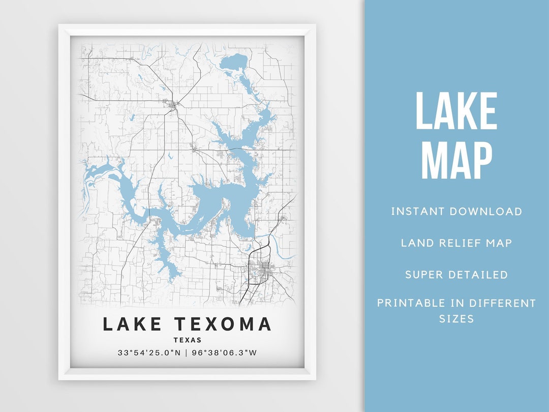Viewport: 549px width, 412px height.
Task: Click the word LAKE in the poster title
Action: coord(133,324)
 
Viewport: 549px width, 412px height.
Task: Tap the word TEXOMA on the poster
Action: coord(223,324)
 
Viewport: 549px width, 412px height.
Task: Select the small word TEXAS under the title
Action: coord(188,340)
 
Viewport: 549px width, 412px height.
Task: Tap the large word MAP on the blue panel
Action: coord(456,161)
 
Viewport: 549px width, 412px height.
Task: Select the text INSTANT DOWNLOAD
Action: coord(456,212)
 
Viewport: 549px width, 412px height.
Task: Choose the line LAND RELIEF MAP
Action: coord(456,243)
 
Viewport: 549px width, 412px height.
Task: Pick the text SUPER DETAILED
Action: coord(456,275)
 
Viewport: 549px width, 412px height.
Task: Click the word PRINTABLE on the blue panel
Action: coord(412,304)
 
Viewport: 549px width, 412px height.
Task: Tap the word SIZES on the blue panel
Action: coord(456,319)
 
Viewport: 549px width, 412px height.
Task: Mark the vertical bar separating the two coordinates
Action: coord(187,352)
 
